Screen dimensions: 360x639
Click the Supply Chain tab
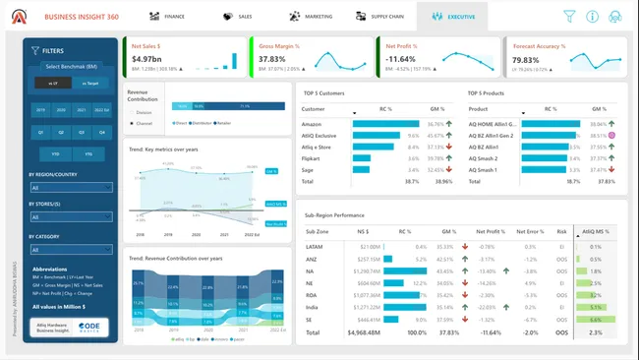tap(381, 17)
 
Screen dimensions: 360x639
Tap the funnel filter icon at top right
tap(568, 16)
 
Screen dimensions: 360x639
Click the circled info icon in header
tap(592, 16)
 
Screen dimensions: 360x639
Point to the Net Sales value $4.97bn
tap(146, 59)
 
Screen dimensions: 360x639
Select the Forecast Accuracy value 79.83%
tap(526, 60)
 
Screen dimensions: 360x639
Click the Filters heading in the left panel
tap(54, 50)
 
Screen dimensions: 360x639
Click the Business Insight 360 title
tap(83, 17)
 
